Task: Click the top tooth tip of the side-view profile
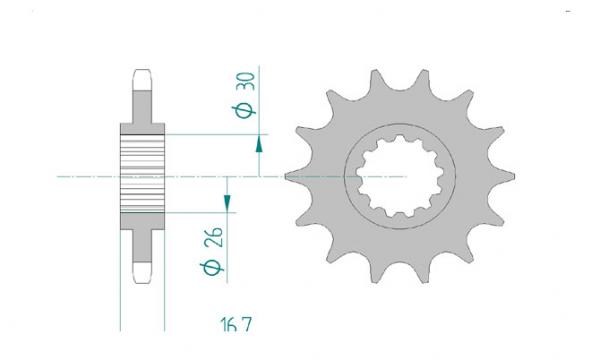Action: click(141, 73)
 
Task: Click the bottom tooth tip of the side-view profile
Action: click(141, 271)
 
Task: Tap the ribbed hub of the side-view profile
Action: click(141, 173)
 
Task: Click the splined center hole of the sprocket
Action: click(399, 175)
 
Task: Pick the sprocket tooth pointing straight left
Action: click(291, 175)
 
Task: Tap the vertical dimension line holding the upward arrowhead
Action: click(260, 158)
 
